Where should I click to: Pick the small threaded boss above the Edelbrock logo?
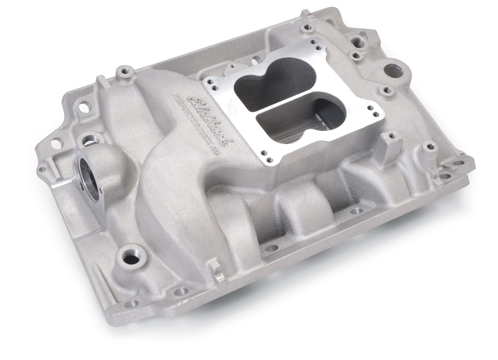tap(125, 70)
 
